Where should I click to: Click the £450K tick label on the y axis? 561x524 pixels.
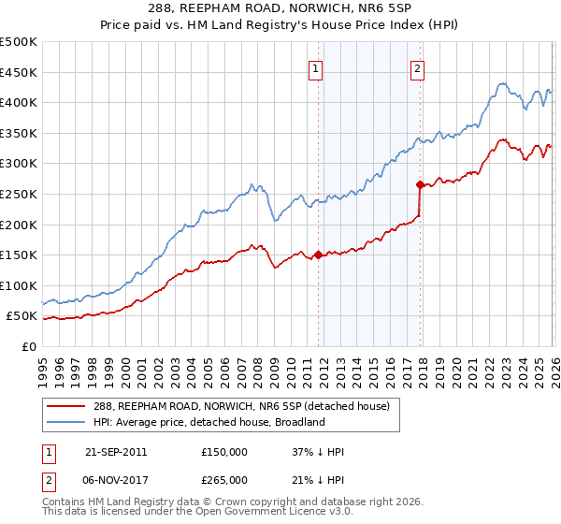(x=19, y=73)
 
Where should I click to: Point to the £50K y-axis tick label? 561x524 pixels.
(x=22, y=316)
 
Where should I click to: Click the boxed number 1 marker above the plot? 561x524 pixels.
(x=317, y=67)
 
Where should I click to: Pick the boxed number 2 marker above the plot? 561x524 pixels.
(x=417, y=67)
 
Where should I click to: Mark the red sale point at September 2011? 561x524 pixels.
(x=318, y=255)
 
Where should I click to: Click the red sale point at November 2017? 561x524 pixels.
(x=420, y=184)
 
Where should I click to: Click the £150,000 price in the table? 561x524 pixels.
(x=223, y=452)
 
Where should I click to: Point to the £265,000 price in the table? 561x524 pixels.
(x=223, y=480)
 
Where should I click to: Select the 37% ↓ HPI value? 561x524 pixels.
(x=318, y=452)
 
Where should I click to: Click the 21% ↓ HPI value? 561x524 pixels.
(x=318, y=480)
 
